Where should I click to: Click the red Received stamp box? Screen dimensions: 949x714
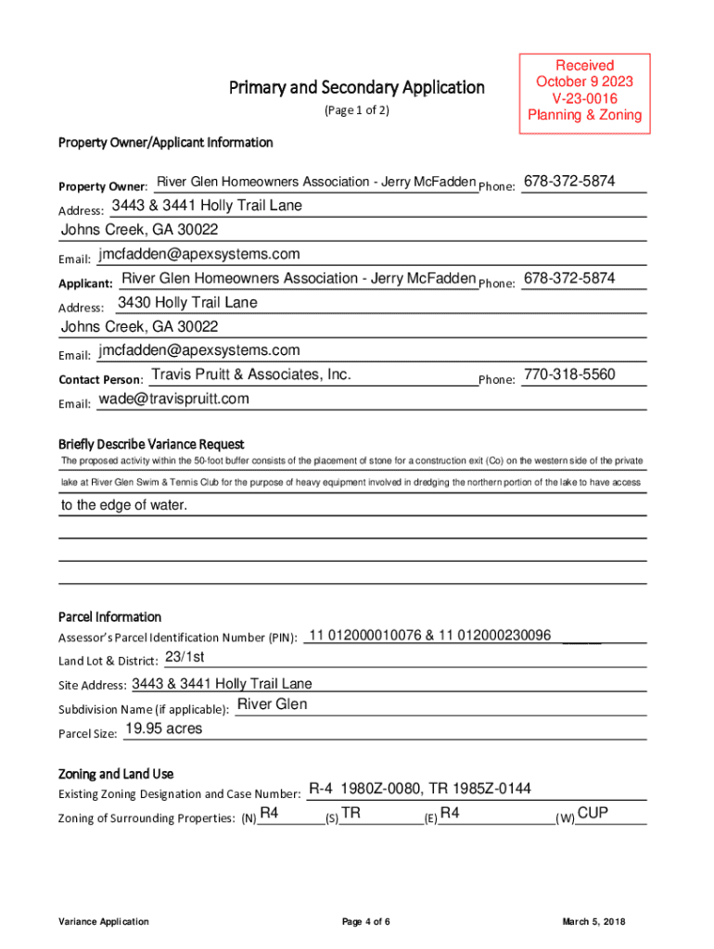click(x=584, y=91)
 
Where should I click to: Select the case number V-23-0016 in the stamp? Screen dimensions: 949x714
click(x=584, y=98)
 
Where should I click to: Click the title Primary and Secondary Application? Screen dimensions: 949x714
click(x=357, y=88)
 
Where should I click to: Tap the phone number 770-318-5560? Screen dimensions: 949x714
click(x=569, y=374)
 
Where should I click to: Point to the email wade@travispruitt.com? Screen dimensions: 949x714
click(x=173, y=399)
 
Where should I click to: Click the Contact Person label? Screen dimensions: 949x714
click(x=100, y=380)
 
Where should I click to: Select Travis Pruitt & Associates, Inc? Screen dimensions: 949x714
click(x=251, y=374)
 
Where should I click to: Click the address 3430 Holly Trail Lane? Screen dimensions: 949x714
click(x=187, y=302)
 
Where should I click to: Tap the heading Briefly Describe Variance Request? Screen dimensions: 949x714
click(x=151, y=444)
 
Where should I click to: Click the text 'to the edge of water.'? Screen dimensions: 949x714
click(x=124, y=505)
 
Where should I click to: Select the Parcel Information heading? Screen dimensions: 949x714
click(x=109, y=617)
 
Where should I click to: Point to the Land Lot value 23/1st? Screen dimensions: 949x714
click(x=184, y=657)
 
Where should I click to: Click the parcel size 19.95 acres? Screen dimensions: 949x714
click(x=163, y=728)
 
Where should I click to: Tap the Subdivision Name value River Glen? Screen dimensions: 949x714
click(x=272, y=704)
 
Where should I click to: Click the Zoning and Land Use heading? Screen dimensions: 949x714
click(x=116, y=774)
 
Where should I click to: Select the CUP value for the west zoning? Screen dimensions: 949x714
click(x=593, y=814)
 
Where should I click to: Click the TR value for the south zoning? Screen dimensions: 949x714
click(x=351, y=814)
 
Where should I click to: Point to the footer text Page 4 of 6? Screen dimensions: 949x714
click(x=365, y=922)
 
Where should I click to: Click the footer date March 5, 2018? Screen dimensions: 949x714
click(x=594, y=922)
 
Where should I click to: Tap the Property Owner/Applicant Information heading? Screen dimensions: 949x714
click(x=166, y=143)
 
